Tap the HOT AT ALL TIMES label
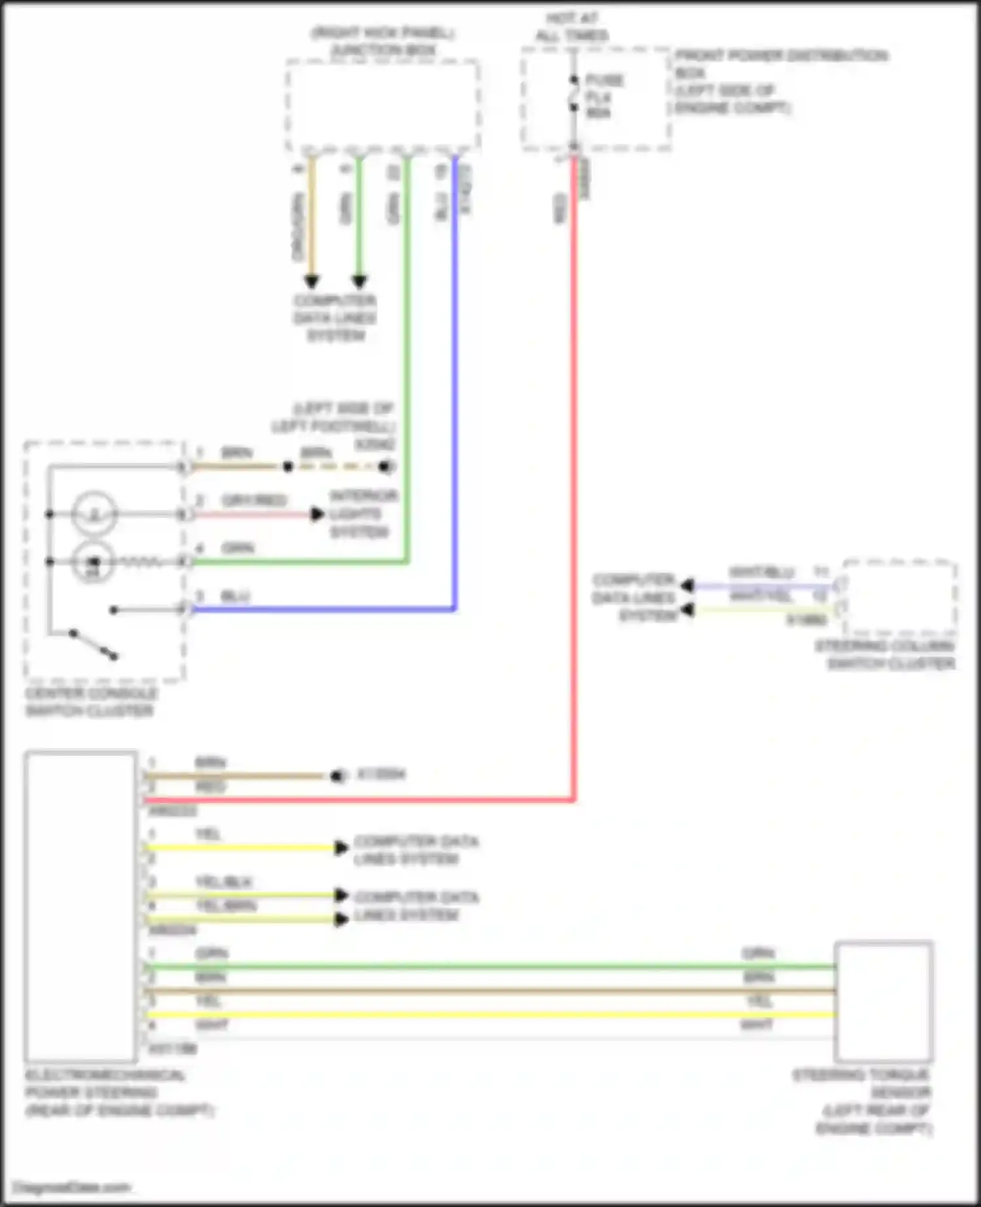(572, 27)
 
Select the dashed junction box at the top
(383, 106)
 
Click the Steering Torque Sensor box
(884, 1001)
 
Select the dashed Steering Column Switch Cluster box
(900, 598)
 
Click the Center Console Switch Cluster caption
(91, 702)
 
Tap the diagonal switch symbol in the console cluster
(94, 644)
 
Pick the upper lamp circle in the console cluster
(95, 515)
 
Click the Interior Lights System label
(363, 514)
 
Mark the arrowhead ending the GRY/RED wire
(318, 515)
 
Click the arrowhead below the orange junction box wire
(311, 282)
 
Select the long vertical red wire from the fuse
(574, 458)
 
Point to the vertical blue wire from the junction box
(455, 392)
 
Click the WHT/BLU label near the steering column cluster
(761, 573)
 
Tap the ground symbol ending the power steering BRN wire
(336, 776)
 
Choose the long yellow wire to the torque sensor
(490, 1015)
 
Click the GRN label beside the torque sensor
(758, 953)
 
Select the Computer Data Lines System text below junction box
(335, 318)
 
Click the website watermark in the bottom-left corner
(72, 1187)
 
